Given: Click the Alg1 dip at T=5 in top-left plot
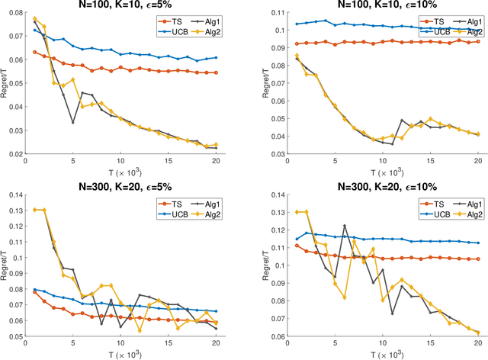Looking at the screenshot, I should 73,122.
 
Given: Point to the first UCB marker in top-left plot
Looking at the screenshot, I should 34,31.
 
